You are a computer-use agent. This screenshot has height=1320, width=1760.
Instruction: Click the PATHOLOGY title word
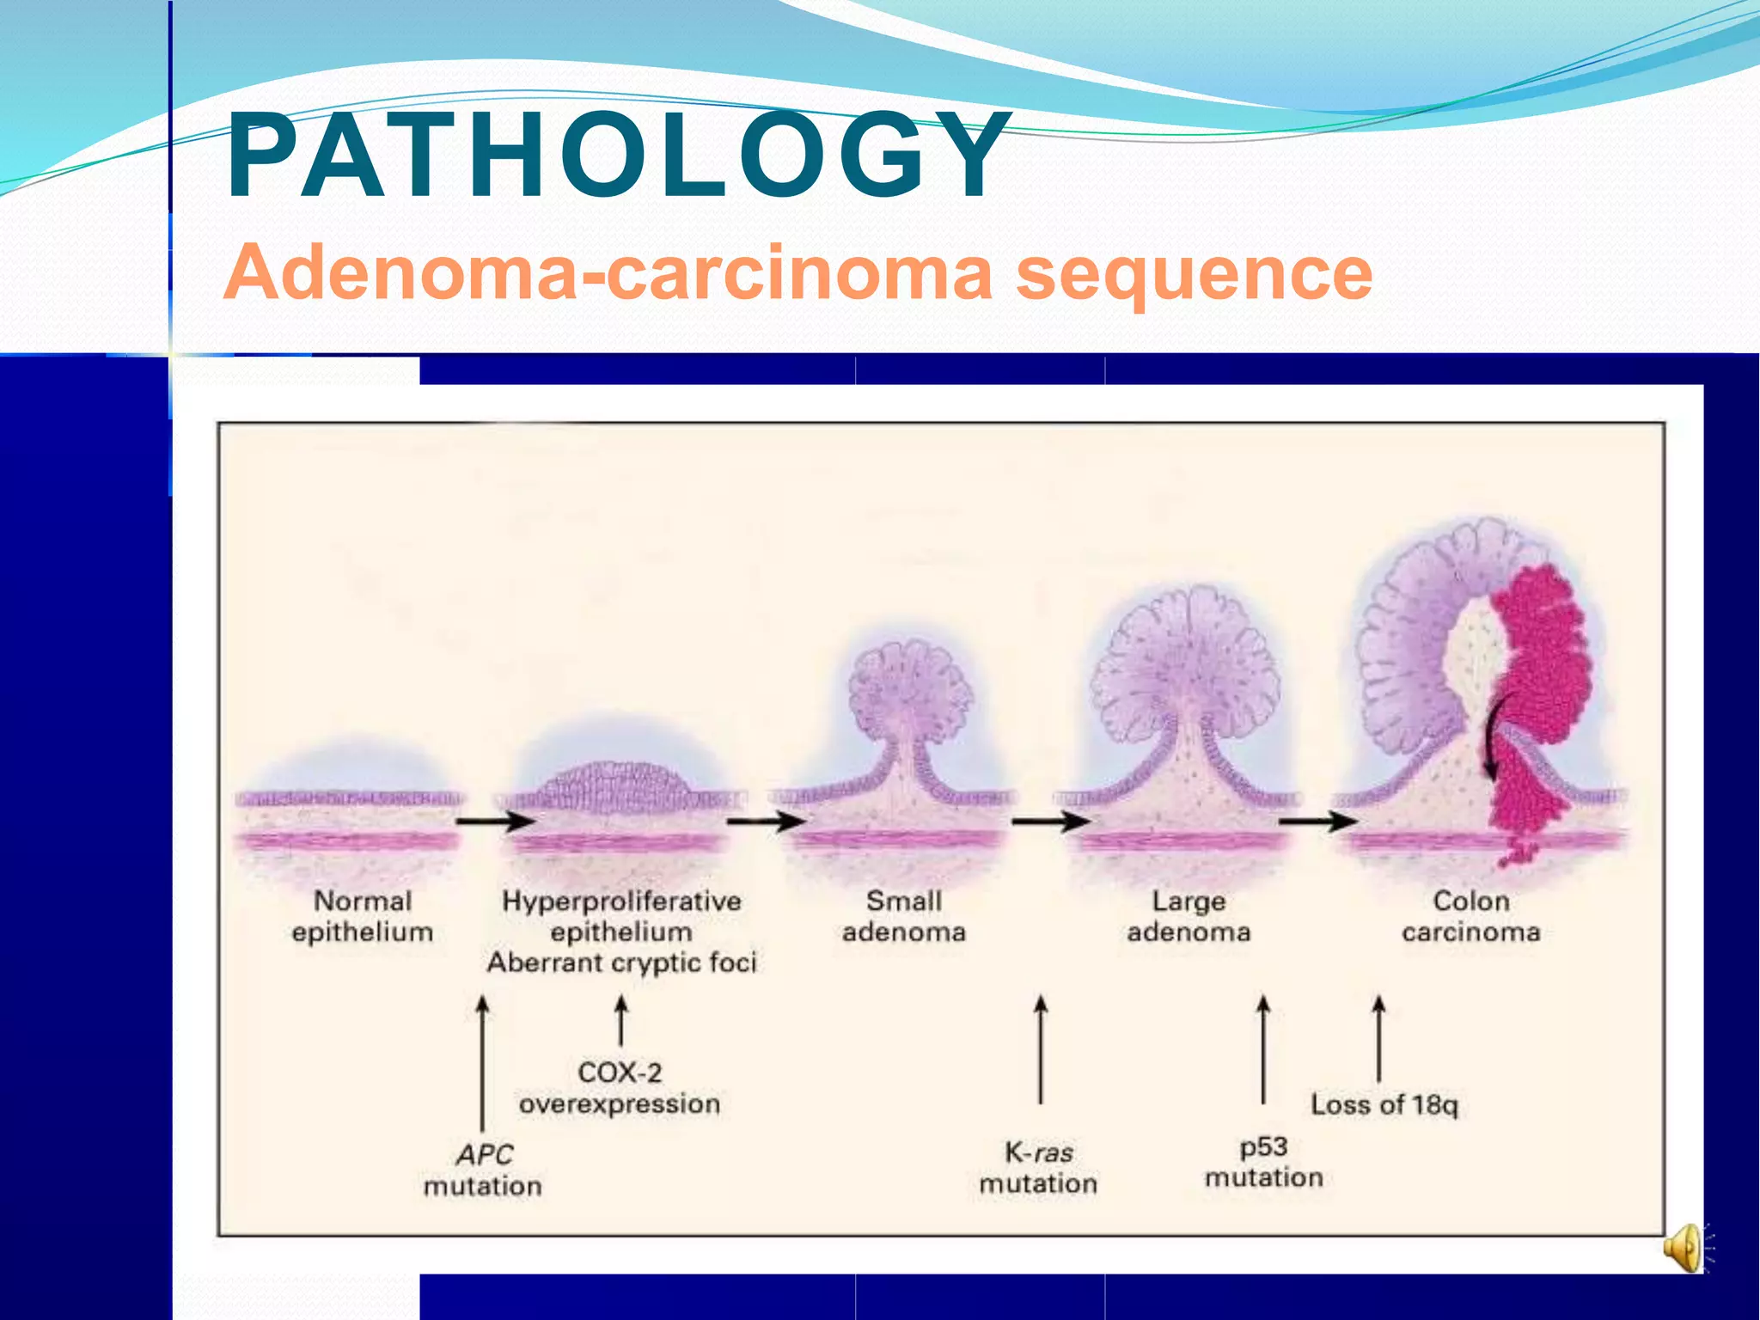tap(617, 156)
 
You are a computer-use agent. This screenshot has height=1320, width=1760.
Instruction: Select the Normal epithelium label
tap(362, 916)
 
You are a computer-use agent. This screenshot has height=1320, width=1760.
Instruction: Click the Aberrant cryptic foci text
tap(621, 962)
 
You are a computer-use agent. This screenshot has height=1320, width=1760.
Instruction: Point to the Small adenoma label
tap(904, 916)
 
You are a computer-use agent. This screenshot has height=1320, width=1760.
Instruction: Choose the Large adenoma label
tap(1189, 916)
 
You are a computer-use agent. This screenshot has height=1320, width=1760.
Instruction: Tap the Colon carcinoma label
tap(1470, 916)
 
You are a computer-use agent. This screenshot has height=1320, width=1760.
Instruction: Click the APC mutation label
tap(483, 1170)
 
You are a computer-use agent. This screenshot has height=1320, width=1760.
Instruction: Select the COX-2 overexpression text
tap(620, 1088)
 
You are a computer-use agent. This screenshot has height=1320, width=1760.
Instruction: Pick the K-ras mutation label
tap(1038, 1167)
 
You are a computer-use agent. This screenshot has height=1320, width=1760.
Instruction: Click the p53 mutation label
tap(1263, 1162)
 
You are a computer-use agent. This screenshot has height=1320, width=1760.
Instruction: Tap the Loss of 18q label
tap(1384, 1104)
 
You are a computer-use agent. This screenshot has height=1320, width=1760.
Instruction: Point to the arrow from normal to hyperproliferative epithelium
tap(494, 821)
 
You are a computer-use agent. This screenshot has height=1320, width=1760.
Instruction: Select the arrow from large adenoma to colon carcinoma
tap(1317, 821)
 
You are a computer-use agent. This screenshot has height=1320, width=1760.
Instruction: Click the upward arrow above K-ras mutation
tap(1041, 1048)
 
